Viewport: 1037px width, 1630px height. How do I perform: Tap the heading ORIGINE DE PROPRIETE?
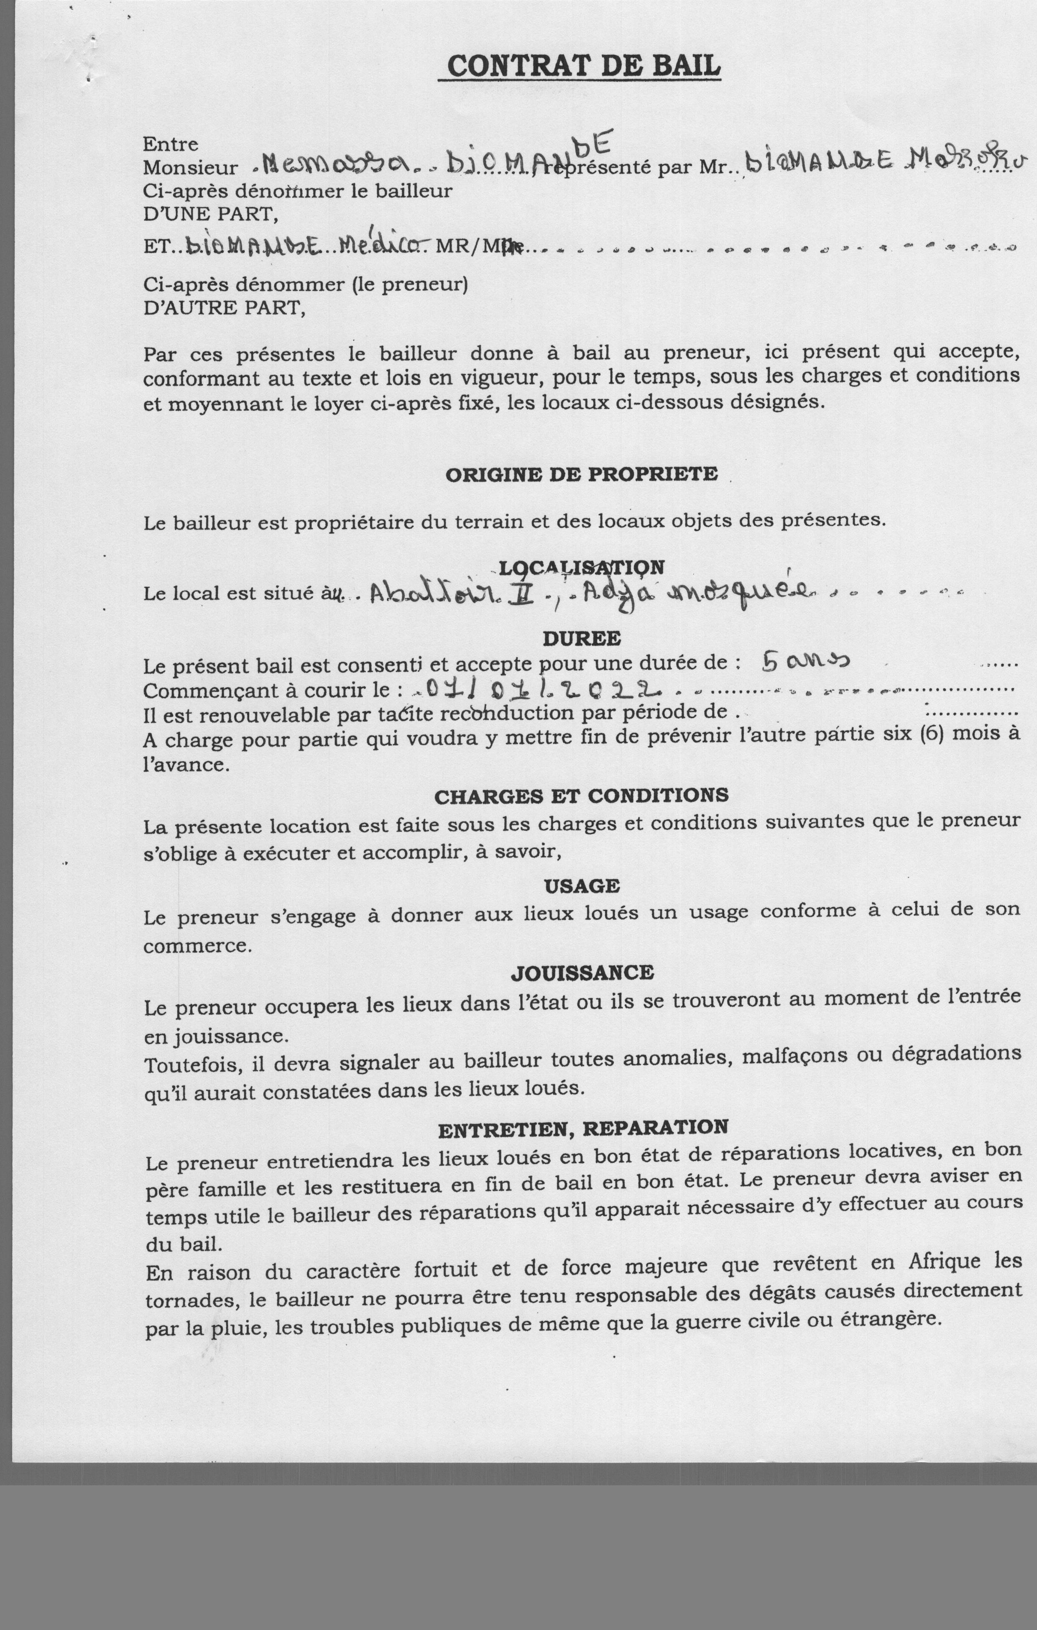[x=582, y=474]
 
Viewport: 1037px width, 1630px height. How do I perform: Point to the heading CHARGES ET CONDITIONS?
[x=582, y=796]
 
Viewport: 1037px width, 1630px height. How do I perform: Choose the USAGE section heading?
[x=582, y=885]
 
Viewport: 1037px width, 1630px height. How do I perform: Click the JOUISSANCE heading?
[x=582, y=973]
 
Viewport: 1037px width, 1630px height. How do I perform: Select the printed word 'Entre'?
[x=171, y=144]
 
